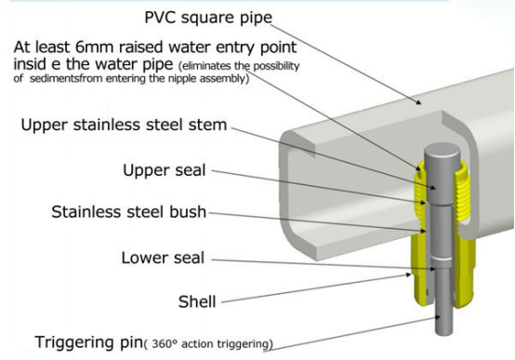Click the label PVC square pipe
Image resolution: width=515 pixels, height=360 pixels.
[x=208, y=18]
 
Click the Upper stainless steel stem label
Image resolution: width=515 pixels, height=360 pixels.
[x=124, y=125]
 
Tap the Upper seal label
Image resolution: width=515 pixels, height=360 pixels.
[x=165, y=170]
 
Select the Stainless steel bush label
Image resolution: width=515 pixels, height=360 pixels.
[x=128, y=212]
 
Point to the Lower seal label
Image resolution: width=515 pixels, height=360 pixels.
[x=163, y=258]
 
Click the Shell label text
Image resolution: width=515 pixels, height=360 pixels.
[x=197, y=301]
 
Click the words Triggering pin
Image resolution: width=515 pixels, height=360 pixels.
[x=88, y=342]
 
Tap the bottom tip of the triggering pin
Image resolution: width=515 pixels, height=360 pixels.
[x=444, y=333]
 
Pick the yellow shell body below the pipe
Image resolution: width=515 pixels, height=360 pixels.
[x=465, y=270]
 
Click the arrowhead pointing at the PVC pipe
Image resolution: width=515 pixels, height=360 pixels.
[x=418, y=102]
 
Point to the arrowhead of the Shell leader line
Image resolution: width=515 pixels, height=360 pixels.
[x=408, y=274]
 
